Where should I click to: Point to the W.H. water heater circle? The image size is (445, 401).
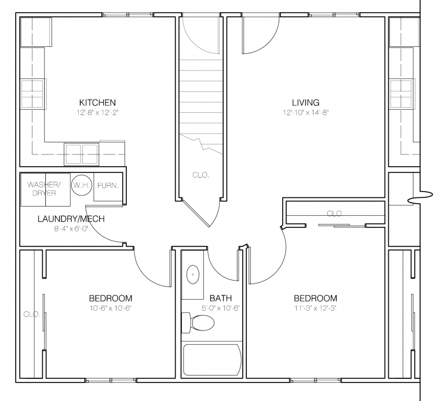tap(80, 186)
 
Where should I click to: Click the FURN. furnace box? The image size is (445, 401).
tap(108, 186)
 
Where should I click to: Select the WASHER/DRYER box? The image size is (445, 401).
tap(45, 189)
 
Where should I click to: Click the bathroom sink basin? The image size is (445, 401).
tap(192, 274)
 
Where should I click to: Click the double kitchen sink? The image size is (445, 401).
tap(81, 154)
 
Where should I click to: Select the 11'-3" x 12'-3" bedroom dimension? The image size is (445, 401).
tap(315, 308)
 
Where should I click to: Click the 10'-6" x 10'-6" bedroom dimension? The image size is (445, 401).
tap(110, 308)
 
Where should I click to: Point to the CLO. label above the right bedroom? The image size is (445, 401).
tap(334, 214)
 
